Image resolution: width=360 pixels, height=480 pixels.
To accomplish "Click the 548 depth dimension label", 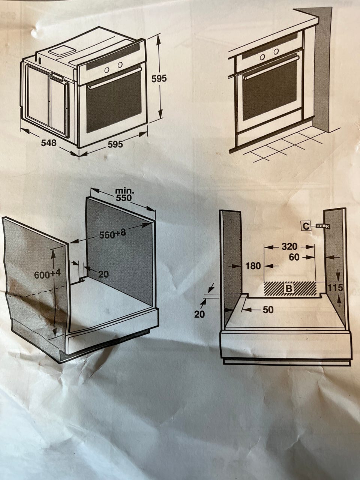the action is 49,143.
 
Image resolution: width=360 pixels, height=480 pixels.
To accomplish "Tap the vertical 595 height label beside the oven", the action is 159,79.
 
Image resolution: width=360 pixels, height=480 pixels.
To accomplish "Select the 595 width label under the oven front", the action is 115,144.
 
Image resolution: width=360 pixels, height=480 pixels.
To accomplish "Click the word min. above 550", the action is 125,191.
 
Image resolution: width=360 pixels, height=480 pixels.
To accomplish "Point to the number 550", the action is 124,198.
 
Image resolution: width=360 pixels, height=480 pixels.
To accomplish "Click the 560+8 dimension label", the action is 112,234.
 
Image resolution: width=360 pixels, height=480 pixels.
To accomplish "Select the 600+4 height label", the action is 47,274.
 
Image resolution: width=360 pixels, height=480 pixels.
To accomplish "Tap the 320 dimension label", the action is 289,247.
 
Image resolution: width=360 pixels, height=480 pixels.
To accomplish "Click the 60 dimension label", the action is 294,257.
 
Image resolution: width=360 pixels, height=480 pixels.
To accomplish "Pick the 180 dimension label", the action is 253,266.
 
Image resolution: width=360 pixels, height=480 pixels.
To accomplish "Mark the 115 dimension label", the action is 336,288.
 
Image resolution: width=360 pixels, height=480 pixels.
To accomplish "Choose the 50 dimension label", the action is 268,310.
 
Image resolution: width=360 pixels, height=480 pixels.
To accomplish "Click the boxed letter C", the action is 306,226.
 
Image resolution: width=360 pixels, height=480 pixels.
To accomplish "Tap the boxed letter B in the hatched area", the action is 289,288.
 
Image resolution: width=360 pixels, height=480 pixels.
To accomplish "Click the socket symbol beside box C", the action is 322,226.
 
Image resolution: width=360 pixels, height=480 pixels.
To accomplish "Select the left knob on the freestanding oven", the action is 106,70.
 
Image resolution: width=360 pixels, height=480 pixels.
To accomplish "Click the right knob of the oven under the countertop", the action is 276,52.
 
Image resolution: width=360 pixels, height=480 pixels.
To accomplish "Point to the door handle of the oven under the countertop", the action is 271,67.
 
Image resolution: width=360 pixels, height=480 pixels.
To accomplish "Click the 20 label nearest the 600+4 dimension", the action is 103,274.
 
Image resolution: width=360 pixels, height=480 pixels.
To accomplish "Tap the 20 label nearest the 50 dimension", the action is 199,314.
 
